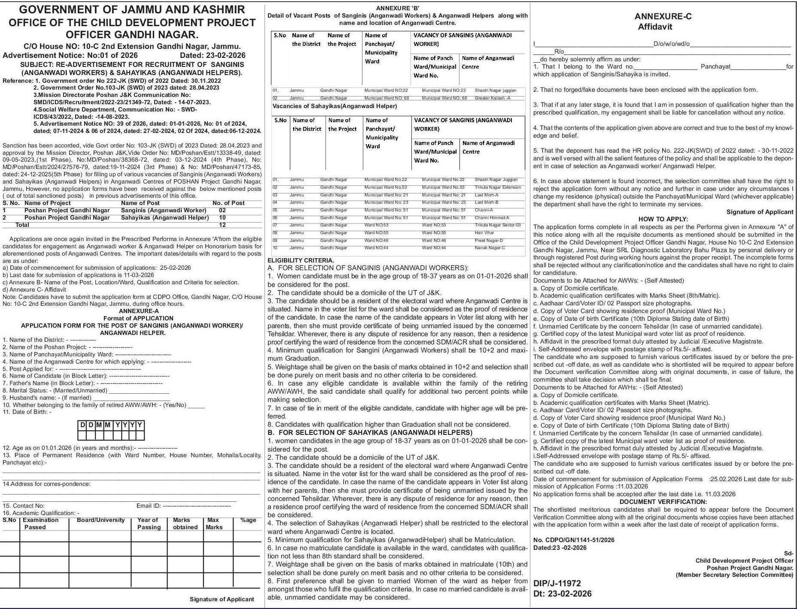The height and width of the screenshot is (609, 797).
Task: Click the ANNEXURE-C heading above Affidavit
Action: [663, 17]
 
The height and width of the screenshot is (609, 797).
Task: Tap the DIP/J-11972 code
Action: [557, 583]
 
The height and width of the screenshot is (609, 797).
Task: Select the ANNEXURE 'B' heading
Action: [397, 8]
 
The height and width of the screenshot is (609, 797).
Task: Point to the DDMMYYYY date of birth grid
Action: [110, 430]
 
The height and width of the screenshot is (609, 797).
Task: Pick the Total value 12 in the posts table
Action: [222, 225]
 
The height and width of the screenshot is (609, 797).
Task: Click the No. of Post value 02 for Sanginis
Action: [222, 210]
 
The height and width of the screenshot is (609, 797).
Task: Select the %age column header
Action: [248, 520]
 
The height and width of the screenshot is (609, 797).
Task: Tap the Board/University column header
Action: [100, 520]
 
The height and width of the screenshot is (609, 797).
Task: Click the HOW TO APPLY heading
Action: [663, 219]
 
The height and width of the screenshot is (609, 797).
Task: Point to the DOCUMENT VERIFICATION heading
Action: [663, 502]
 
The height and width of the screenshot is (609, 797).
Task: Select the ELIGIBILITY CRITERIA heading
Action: [301, 260]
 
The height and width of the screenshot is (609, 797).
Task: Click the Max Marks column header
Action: [214, 524]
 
